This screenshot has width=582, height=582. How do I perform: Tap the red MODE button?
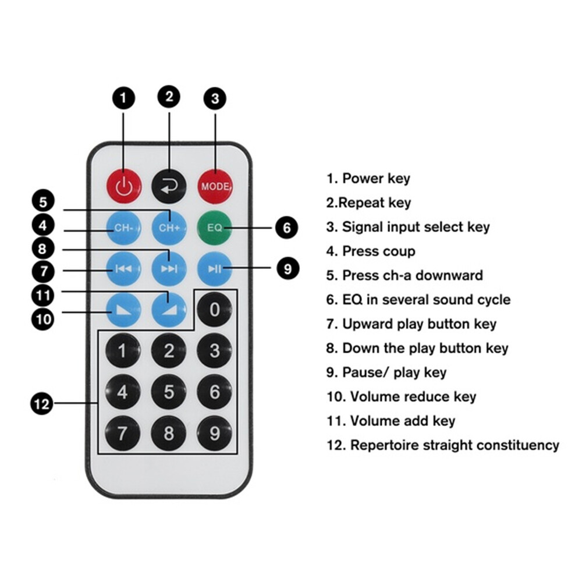(215, 186)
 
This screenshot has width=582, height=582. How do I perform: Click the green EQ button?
(215, 228)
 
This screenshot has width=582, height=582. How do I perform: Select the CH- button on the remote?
(123, 228)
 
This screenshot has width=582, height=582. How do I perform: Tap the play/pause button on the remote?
(215, 268)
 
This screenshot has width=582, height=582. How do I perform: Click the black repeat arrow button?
(169, 186)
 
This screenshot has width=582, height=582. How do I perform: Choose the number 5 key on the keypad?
(169, 392)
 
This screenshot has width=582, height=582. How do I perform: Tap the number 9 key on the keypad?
(215, 433)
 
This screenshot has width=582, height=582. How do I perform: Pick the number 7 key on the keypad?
(123, 433)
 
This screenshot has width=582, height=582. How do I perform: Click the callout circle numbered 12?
(42, 403)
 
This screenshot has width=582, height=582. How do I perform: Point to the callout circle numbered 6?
(286, 228)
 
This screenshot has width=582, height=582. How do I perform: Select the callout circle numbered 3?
(215, 98)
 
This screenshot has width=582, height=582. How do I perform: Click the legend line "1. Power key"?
(368, 179)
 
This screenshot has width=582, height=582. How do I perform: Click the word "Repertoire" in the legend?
(384, 446)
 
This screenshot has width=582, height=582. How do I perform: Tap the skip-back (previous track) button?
(123, 268)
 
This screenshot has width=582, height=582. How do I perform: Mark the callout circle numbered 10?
(42, 318)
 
